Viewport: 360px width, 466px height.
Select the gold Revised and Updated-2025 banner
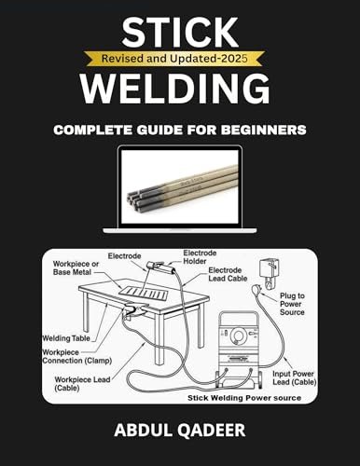pos(179,57)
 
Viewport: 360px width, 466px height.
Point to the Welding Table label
pos(68,339)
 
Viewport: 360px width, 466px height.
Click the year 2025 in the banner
pos(241,57)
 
